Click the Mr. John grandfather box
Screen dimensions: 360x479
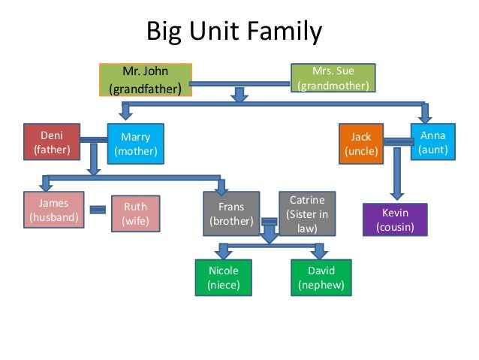(145, 80)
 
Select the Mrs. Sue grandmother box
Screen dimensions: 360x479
(333, 78)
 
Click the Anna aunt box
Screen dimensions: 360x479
(433, 142)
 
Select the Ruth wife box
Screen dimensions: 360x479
(135, 213)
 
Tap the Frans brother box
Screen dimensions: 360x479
(231, 213)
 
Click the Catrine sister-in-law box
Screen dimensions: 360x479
(307, 213)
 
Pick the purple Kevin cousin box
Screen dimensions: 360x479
(395, 220)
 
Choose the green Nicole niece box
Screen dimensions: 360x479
(223, 277)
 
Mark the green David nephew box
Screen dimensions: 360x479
(321, 277)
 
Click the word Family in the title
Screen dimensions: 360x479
(287, 33)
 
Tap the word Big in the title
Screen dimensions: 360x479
(164, 33)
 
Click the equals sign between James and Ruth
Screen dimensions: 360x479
(97, 210)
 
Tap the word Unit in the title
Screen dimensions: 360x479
(215, 33)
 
